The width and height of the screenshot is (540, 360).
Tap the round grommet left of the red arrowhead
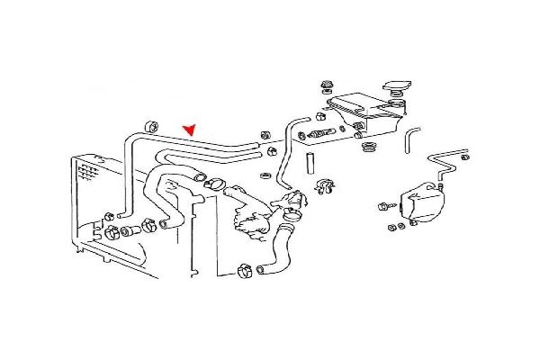pyautogui.click(x=151, y=123)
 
